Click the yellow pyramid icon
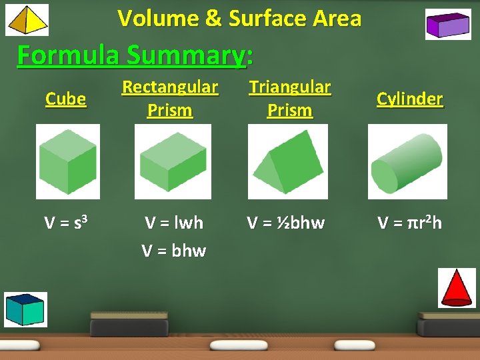pos(27,20)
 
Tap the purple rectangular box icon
pos(448,25)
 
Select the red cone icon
pos(457,288)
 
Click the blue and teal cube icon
pos(25,309)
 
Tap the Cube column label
pos(65,99)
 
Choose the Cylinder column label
pos(409,99)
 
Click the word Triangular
pos(289,87)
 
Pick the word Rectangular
pos(170,87)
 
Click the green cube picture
pos(67,162)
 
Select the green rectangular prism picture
pos(173,162)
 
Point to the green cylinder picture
pos(407,162)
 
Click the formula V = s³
pos(64,223)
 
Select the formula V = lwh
pos(173,223)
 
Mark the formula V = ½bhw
pos(285,223)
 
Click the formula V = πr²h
pos(409,223)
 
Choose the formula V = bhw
pos(173,251)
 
